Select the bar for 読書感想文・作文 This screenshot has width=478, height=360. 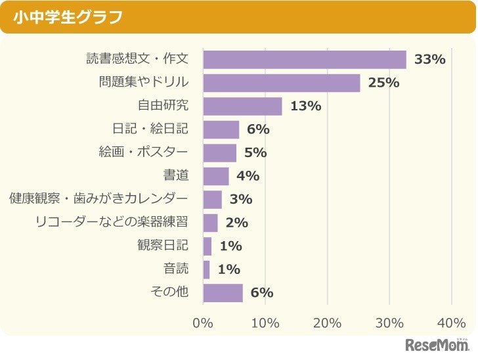click(305, 59)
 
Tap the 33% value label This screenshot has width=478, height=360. click(430, 59)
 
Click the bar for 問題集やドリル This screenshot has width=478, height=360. click(281, 83)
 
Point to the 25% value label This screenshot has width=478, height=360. click(384, 83)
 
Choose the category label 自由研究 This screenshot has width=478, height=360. click(163, 106)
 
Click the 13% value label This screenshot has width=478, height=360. click(305, 106)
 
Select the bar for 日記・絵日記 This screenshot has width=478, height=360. click(221, 129)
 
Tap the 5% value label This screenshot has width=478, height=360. click(255, 152)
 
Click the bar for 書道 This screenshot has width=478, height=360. click(216, 176)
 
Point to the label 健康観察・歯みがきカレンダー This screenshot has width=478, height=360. click(99, 199)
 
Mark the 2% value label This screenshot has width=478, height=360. click(236, 223)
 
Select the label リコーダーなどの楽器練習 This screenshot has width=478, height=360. click(112, 223)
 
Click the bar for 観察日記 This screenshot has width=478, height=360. click(207, 246)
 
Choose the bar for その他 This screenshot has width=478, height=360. click(223, 292)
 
